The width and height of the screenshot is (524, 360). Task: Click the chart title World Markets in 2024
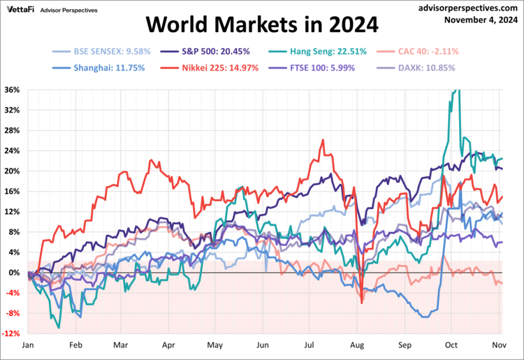(x=262, y=24)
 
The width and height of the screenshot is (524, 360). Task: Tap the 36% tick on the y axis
(x=13, y=90)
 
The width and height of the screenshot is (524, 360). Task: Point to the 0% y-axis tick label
(x=15, y=273)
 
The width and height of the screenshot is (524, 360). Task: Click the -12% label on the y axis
(x=12, y=333)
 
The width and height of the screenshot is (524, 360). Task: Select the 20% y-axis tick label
(x=13, y=171)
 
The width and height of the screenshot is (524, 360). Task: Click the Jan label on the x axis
(x=29, y=345)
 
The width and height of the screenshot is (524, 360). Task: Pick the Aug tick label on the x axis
(x=357, y=345)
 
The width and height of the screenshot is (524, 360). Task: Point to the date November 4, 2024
(x=481, y=20)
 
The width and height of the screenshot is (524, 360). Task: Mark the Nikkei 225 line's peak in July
(x=323, y=140)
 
